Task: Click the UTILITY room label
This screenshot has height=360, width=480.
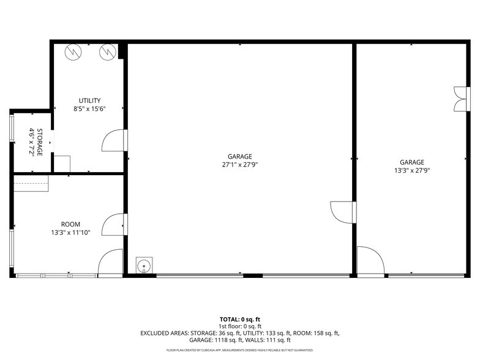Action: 89,100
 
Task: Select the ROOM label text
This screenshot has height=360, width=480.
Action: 71,224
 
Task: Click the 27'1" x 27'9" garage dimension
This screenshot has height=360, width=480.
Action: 240,165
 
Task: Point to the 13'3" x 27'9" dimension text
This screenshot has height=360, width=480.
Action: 412,170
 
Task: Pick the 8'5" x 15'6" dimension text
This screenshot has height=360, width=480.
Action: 89,109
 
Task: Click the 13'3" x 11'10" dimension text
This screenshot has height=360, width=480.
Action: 71,233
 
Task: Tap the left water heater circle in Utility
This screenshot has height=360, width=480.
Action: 73,52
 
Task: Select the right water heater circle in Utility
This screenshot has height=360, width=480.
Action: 108,52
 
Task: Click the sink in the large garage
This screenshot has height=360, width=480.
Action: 144,265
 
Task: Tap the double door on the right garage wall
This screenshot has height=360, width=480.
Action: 462,99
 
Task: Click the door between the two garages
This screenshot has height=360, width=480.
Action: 343,212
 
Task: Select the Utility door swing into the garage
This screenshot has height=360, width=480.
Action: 114,140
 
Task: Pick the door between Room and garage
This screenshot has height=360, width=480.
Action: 114,224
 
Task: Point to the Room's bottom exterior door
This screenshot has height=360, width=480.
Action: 110,263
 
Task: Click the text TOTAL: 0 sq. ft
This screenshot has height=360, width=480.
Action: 240,320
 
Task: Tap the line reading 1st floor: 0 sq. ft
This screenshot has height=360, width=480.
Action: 240,326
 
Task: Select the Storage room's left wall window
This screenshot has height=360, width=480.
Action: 12,127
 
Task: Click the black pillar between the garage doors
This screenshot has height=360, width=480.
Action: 253,276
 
